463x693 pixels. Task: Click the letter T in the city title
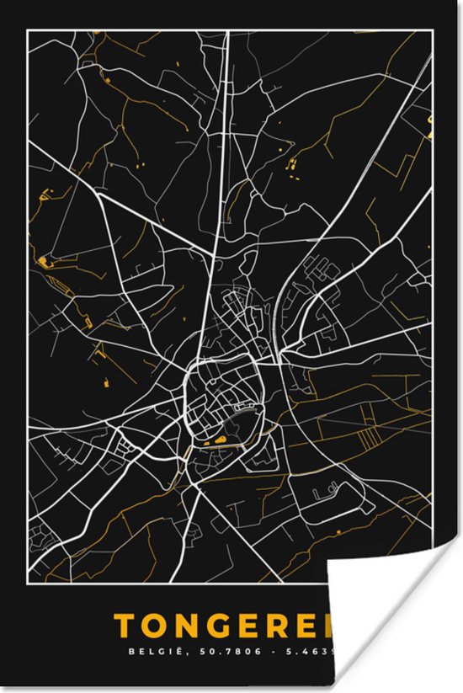click(123, 626)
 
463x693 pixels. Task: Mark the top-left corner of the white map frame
click(28, 30)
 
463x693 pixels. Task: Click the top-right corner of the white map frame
click(434, 30)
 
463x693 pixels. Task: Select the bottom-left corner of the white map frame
click(28, 582)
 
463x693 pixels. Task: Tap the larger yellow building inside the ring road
click(219, 439)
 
